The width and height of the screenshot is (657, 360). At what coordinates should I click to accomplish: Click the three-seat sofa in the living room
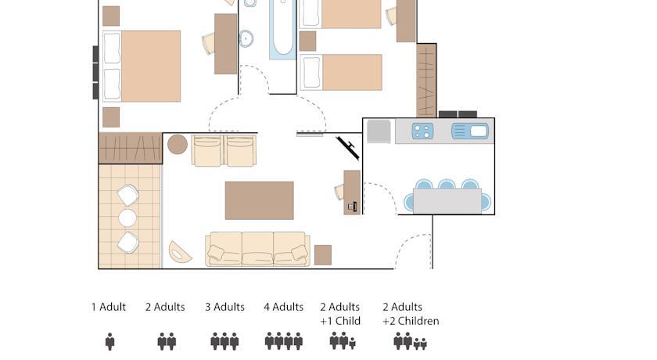[257, 250]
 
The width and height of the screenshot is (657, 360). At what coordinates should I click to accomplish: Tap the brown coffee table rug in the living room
[260, 200]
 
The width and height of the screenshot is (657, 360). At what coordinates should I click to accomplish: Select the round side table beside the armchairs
[178, 144]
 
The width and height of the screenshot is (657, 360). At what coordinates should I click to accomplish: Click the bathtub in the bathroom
[282, 29]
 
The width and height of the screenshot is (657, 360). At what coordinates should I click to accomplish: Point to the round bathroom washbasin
[246, 38]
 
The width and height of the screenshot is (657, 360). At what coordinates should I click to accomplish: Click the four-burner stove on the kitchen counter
[422, 131]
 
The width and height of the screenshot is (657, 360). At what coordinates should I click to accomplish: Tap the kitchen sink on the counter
[470, 131]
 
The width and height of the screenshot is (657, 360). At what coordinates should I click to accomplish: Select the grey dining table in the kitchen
[447, 201]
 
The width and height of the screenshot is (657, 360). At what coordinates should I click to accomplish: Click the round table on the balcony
[127, 218]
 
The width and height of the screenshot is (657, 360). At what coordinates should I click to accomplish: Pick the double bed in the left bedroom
[142, 67]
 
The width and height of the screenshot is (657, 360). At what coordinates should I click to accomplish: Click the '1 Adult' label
[109, 308]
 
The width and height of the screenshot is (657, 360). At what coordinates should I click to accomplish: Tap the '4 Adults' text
[284, 308]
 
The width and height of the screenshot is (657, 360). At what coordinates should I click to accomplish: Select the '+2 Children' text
[411, 321]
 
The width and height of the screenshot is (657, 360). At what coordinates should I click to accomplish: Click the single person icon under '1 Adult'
[109, 341]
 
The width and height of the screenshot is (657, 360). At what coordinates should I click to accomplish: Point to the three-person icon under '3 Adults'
[224, 341]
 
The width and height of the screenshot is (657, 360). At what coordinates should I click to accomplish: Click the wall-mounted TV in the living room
[348, 148]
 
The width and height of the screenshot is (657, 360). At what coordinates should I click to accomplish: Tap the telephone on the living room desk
[353, 206]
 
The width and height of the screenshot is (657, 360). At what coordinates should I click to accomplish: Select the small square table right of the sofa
[323, 255]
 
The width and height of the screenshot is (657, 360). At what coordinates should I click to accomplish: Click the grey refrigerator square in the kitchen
[379, 131]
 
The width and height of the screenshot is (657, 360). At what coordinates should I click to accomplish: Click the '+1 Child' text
[340, 321]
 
